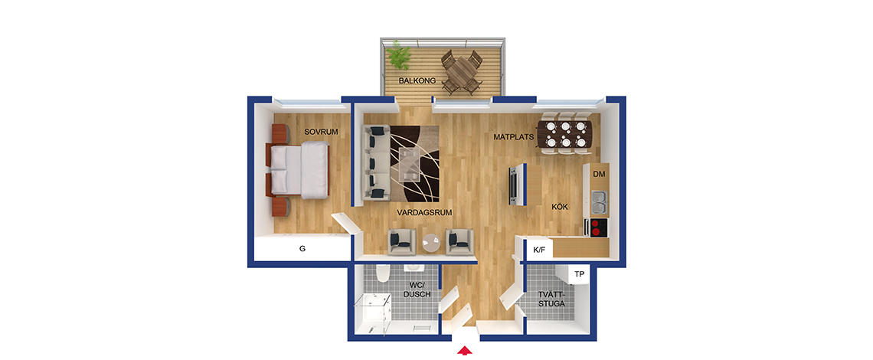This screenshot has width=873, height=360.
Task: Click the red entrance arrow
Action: pos(465,351)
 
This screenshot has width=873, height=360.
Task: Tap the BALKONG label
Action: pos(417,80)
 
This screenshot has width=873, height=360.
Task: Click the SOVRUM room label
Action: pos(322,132)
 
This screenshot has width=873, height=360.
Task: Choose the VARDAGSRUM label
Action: pos(423,212)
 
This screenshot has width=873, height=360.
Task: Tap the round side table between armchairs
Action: pos(431,242)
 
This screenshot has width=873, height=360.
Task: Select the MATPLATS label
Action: pos(514,136)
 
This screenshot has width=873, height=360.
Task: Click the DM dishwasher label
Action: pos(599,175)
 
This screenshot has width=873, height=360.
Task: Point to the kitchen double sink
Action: pos(600,202)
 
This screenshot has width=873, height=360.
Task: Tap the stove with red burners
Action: pos(596,227)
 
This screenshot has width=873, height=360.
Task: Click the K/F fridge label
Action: pos(540,250)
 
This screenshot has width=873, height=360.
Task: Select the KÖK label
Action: pos(560,207)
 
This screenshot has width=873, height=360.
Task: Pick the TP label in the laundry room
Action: pos(580,274)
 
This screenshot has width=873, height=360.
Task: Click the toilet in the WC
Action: pos(382,273)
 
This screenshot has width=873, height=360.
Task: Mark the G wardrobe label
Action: pos(302,249)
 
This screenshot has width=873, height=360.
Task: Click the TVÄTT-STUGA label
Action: pos(552,299)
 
